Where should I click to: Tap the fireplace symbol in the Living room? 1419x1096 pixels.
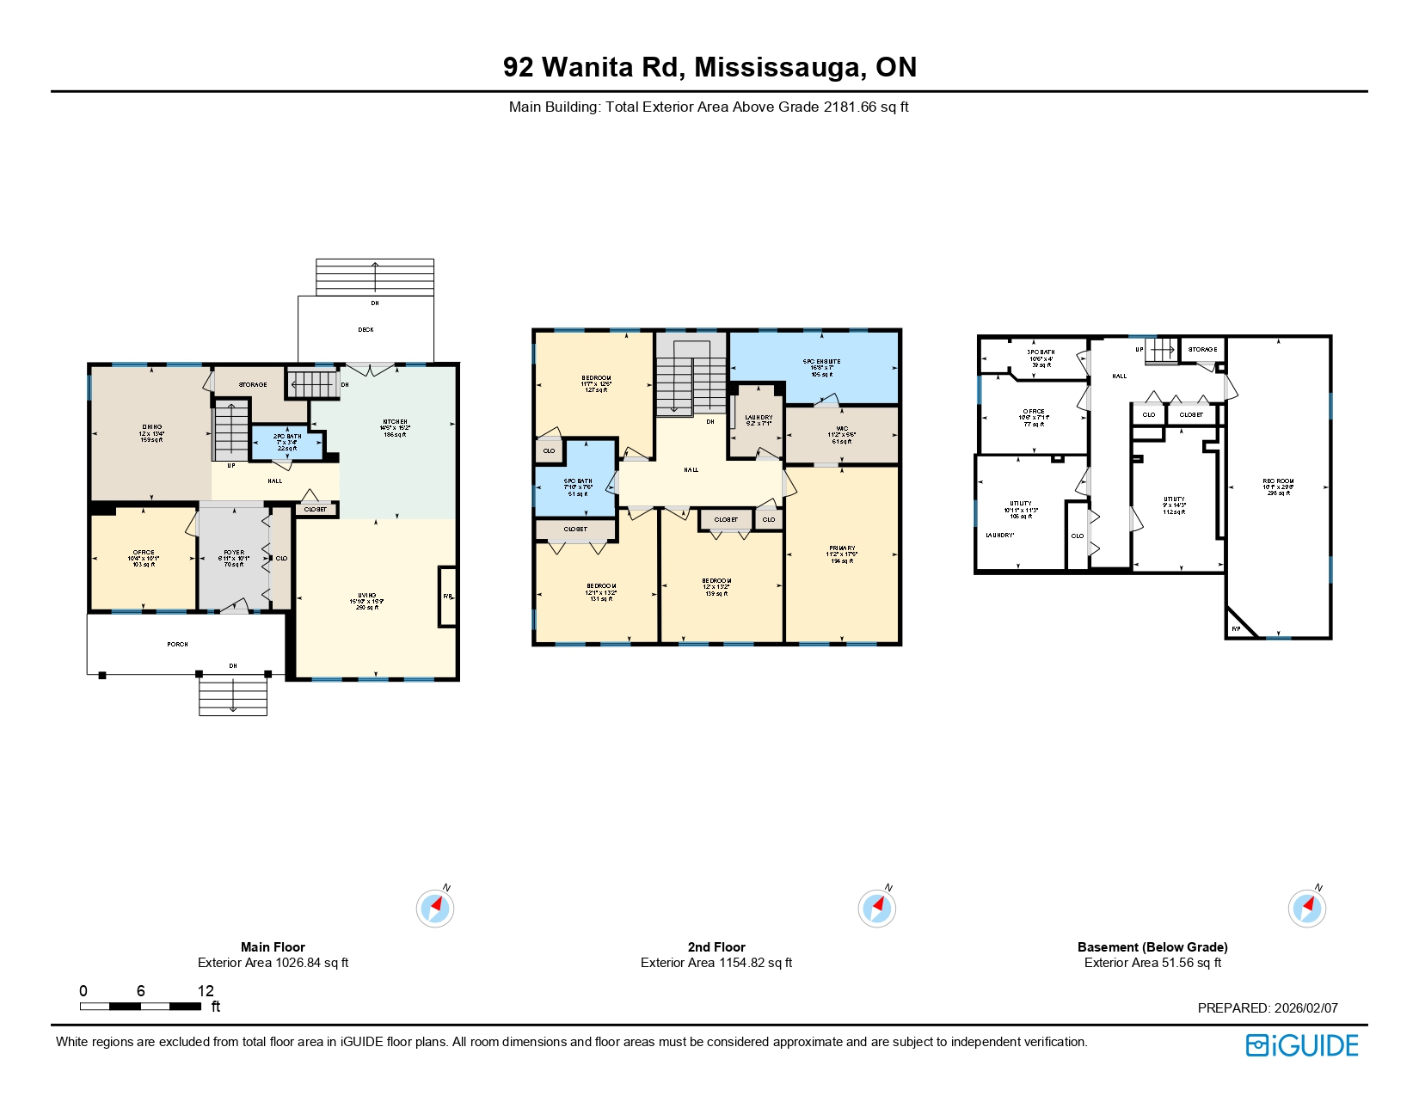coord(447,597)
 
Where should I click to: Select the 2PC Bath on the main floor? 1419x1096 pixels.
coord(287,442)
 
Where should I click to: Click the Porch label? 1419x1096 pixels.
coord(177,644)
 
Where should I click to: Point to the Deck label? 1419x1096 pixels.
coord(365,329)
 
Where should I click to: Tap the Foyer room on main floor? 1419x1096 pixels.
coord(233,558)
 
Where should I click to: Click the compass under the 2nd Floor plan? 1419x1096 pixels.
coord(876,908)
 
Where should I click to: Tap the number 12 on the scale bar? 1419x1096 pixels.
coord(206,990)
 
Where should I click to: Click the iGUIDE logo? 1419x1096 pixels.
coord(1302,1045)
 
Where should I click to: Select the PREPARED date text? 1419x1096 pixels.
coord(1267,1007)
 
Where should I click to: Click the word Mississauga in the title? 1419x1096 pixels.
coord(780,67)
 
